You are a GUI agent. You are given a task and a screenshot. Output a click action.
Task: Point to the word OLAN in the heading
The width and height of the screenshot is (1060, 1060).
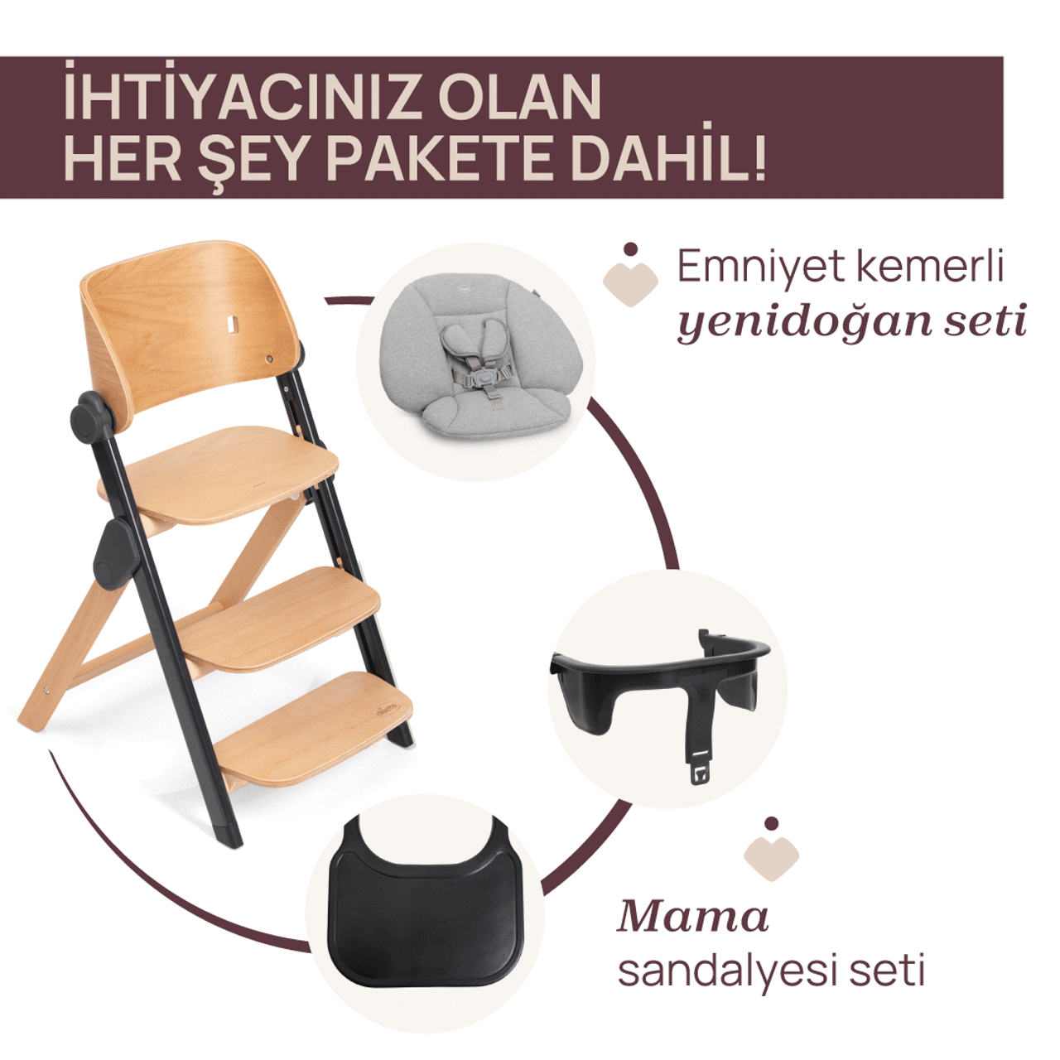click(519, 97)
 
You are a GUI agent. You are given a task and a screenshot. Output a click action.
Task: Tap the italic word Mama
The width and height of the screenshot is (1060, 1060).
click(693, 917)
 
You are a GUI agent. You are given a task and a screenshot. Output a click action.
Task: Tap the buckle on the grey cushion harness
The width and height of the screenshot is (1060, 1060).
click(479, 380)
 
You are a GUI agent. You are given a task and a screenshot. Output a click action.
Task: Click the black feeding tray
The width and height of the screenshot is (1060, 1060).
click(426, 911)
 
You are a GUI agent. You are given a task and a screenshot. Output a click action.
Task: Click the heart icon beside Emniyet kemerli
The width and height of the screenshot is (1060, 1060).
click(630, 278)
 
